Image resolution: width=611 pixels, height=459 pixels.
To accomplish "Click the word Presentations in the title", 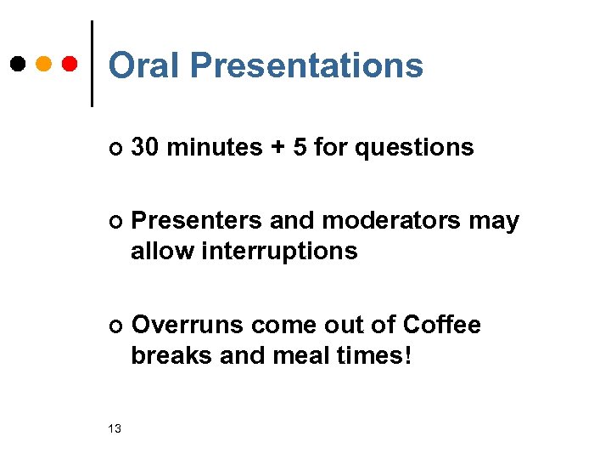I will point(306,65).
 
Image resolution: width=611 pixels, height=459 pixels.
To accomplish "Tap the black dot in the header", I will point(19,64).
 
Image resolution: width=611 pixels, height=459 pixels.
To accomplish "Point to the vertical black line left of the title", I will point(92,64).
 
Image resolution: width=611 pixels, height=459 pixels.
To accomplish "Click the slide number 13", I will point(115,428).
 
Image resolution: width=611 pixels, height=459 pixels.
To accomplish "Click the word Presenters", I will point(197,222).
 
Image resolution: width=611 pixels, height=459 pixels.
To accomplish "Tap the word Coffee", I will point(442,326).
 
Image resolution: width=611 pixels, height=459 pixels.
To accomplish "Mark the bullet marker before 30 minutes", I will point(115,150).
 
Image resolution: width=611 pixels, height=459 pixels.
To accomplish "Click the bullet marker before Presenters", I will point(115,223).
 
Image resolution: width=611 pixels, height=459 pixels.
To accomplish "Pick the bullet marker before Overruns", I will point(115,326).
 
